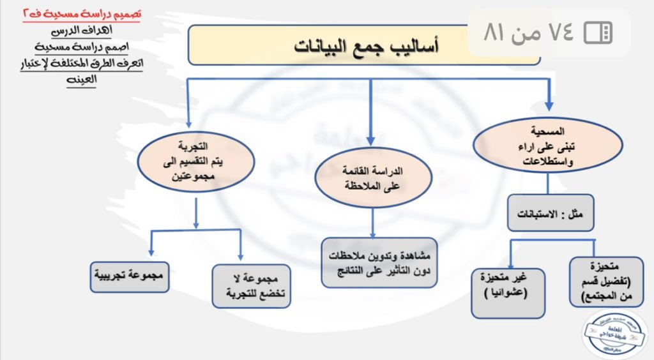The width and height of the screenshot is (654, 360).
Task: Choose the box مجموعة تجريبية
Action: coord(130,277)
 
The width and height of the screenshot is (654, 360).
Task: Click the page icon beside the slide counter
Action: coord(598,33)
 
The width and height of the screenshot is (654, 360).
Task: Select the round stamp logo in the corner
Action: coord(616,333)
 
